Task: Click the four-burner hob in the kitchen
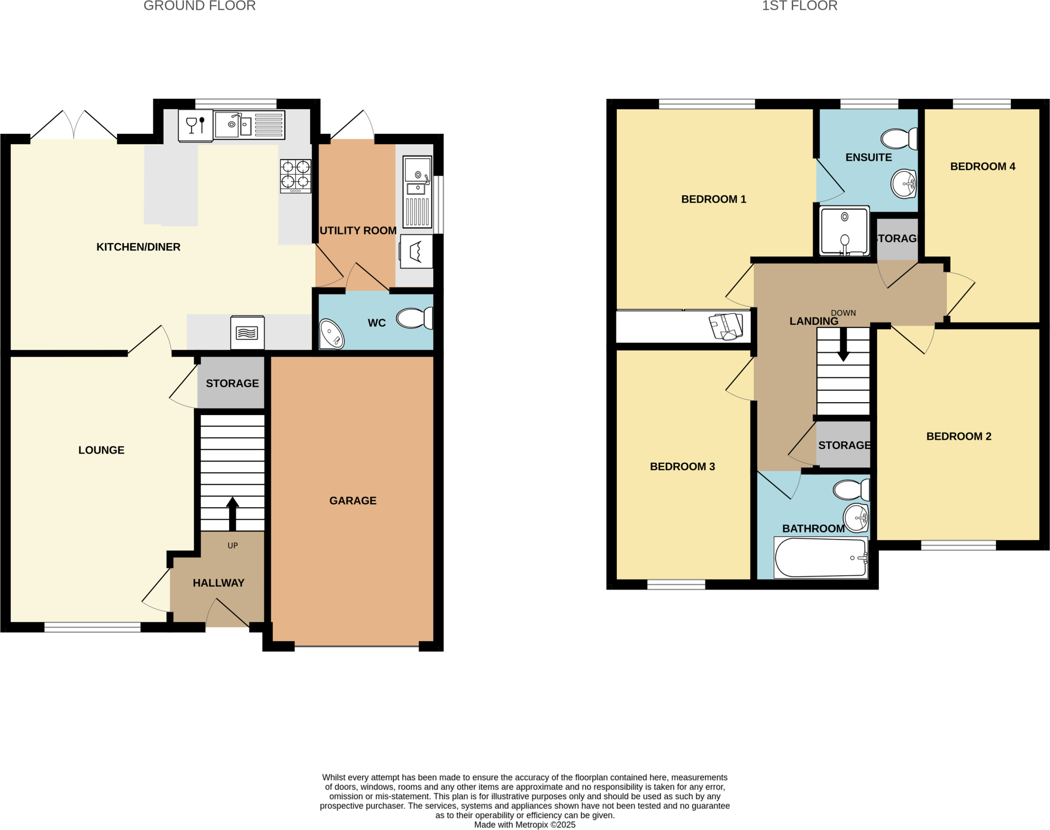[x=295, y=176]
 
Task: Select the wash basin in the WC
[x=332, y=334]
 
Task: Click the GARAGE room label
[x=353, y=501]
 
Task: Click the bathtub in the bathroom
[x=820, y=558]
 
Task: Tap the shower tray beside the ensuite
[x=844, y=231]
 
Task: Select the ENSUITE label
[x=869, y=157]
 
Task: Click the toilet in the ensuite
[x=898, y=139]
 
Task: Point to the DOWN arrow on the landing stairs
[x=843, y=347]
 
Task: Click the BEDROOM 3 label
[x=682, y=466]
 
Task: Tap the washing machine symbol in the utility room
[x=416, y=251]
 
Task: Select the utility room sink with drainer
[x=417, y=192]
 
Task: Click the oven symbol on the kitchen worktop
[x=247, y=332]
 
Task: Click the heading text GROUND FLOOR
[x=199, y=6]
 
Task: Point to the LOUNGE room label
[x=101, y=450]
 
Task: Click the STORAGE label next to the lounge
[x=232, y=383]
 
